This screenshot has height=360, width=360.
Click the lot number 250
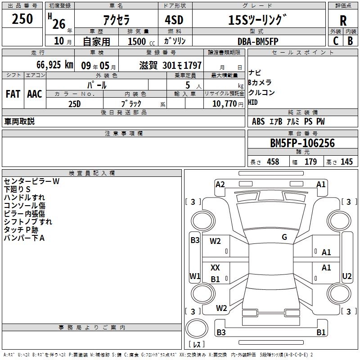(22, 18)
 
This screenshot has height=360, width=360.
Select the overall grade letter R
(343, 21)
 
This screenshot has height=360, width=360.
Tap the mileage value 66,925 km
(55, 65)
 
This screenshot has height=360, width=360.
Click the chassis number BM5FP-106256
(302, 143)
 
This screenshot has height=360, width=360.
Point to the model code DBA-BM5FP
(258, 41)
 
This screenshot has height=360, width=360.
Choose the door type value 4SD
(174, 20)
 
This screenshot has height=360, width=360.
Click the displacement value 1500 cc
(141, 41)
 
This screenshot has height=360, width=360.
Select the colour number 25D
(75, 104)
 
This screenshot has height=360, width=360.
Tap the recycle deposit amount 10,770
(225, 104)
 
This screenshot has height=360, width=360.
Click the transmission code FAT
(13, 94)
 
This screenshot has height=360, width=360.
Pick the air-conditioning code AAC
(35, 94)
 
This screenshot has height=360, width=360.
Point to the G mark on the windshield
(284, 237)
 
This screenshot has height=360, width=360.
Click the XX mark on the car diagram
(215, 267)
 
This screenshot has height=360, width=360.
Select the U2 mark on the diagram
(346, 276)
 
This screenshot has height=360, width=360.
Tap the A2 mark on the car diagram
(220, 184)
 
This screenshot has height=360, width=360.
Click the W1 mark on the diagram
(195, 276)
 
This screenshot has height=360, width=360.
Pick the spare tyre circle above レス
(197, 328)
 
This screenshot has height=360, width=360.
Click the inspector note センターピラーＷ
(31, 181)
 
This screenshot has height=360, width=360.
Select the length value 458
(273, 162)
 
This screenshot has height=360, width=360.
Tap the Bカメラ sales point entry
(260, 82)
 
